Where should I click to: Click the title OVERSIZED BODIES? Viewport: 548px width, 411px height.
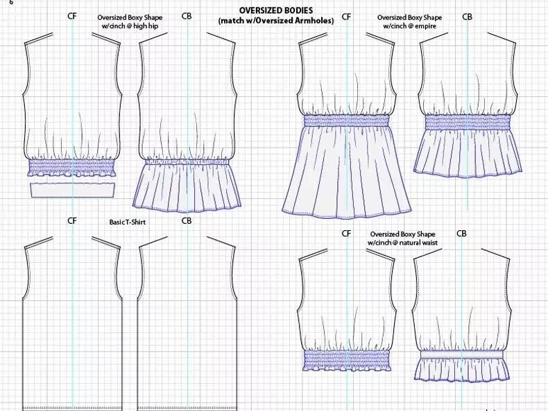tap(276, 11)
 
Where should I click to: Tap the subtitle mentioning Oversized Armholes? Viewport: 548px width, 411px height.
tap(276, 21)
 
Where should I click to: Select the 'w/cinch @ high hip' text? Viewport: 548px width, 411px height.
tap(130, 26)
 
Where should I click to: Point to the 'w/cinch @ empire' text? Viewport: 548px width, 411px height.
tap(409, 26)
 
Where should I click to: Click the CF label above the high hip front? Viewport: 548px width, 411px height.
tap(73, 16)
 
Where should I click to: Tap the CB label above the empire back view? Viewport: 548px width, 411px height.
tap(467, 16)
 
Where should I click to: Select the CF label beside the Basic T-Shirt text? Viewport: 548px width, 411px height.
tap(72, 221)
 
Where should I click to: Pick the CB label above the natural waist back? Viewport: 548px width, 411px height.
tap(462, 234)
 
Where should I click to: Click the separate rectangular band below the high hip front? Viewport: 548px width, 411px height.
tap(73, 189)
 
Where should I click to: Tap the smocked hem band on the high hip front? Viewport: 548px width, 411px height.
tap(73, 168)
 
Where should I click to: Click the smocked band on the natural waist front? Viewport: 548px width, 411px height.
tap(347, 360)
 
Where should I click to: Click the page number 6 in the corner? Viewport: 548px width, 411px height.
tap(11, 3)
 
